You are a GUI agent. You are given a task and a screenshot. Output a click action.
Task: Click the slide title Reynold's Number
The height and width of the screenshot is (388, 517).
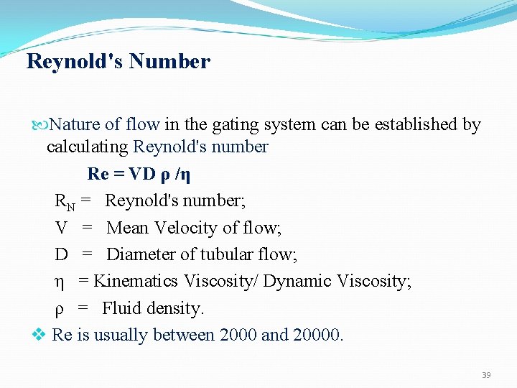point(118,62)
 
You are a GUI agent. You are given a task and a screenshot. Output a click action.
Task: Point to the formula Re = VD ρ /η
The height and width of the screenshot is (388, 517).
point(139,174)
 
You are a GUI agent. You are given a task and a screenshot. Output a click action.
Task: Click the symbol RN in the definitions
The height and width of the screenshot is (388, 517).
point(65,202)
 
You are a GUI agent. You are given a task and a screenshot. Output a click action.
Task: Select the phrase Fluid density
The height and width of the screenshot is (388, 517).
point(153,308)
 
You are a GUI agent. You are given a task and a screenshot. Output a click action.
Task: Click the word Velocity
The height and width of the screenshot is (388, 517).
point(183,228)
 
